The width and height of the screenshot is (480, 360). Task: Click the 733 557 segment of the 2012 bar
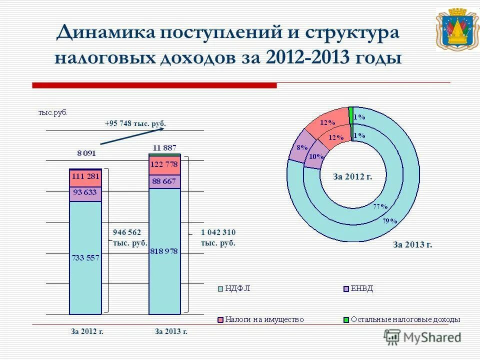pyautogui.click(x=85, y=258)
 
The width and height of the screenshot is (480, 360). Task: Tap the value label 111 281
pyautogui.click(x=85, y=176)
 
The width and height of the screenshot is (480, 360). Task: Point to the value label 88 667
pyautogui.click(x=164, y=181)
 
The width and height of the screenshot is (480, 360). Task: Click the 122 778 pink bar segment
pyautogui.click(x=164, y=165)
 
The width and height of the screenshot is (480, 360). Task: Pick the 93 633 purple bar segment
pyautogui.click(x=85, y=193)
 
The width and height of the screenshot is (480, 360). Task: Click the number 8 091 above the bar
pyautogui.click(x=86, y=153)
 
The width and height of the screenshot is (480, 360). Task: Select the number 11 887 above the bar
pyautogui.click(x=164, y=147)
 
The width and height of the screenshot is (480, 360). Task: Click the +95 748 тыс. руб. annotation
pyautogui.click(x=135, y=123)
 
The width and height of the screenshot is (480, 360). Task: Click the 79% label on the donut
pyautogui.click(x=389, y=220)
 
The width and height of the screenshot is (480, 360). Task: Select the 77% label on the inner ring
pyautogui.click(x=380, y=206)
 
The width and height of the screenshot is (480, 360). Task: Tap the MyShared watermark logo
pyautogui.click(x=423, y=337)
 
